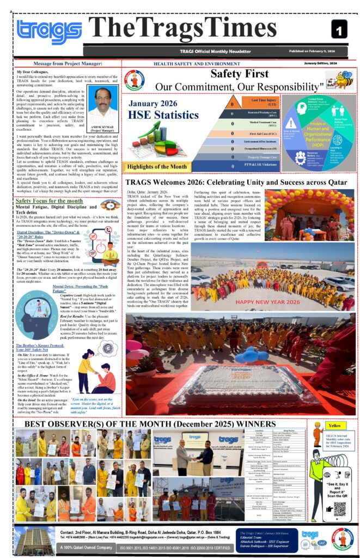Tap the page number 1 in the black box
coord(338,29)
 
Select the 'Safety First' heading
coord(240,74)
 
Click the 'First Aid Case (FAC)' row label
coord(264,133)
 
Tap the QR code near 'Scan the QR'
coord(339,508)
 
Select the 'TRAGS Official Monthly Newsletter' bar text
coord(212,51)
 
